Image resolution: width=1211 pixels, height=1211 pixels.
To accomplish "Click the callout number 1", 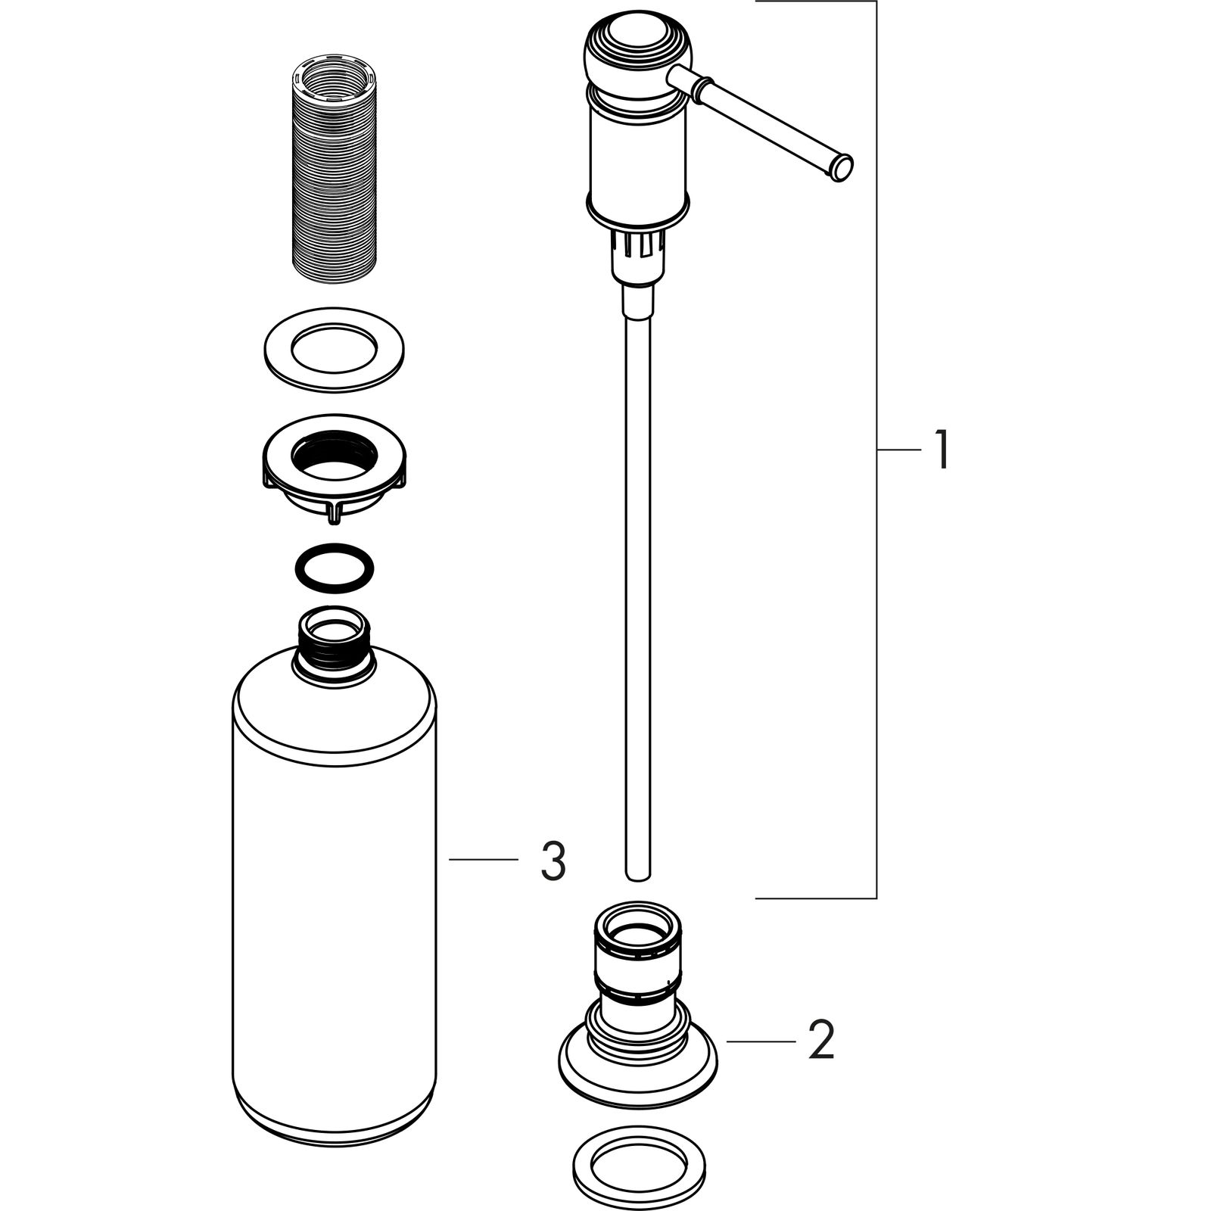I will click(x=940, y=450).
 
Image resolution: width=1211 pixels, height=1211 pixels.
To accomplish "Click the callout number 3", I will click(x=553, y=861).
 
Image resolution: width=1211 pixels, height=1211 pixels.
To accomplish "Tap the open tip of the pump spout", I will click(x=842, y=168).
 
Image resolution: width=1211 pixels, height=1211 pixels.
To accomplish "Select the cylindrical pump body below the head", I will click(x=638, y=159).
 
